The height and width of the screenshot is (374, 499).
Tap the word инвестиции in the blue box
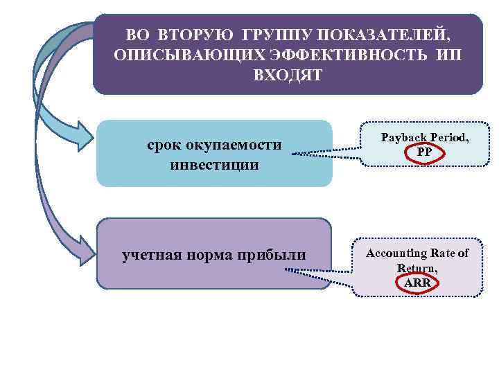click(x=214, y=166)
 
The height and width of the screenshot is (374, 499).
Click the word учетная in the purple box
click(x=152, y=255)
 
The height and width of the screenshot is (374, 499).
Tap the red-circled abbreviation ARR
click(x=417, y=282)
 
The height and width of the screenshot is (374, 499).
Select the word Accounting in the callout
click(x=397, y=253)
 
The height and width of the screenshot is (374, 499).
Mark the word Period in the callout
click(x=450, y=138)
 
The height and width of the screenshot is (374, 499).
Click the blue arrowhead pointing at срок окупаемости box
click(x=82, y=136)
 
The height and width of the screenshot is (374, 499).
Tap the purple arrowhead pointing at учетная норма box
click(x=84, y=249)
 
